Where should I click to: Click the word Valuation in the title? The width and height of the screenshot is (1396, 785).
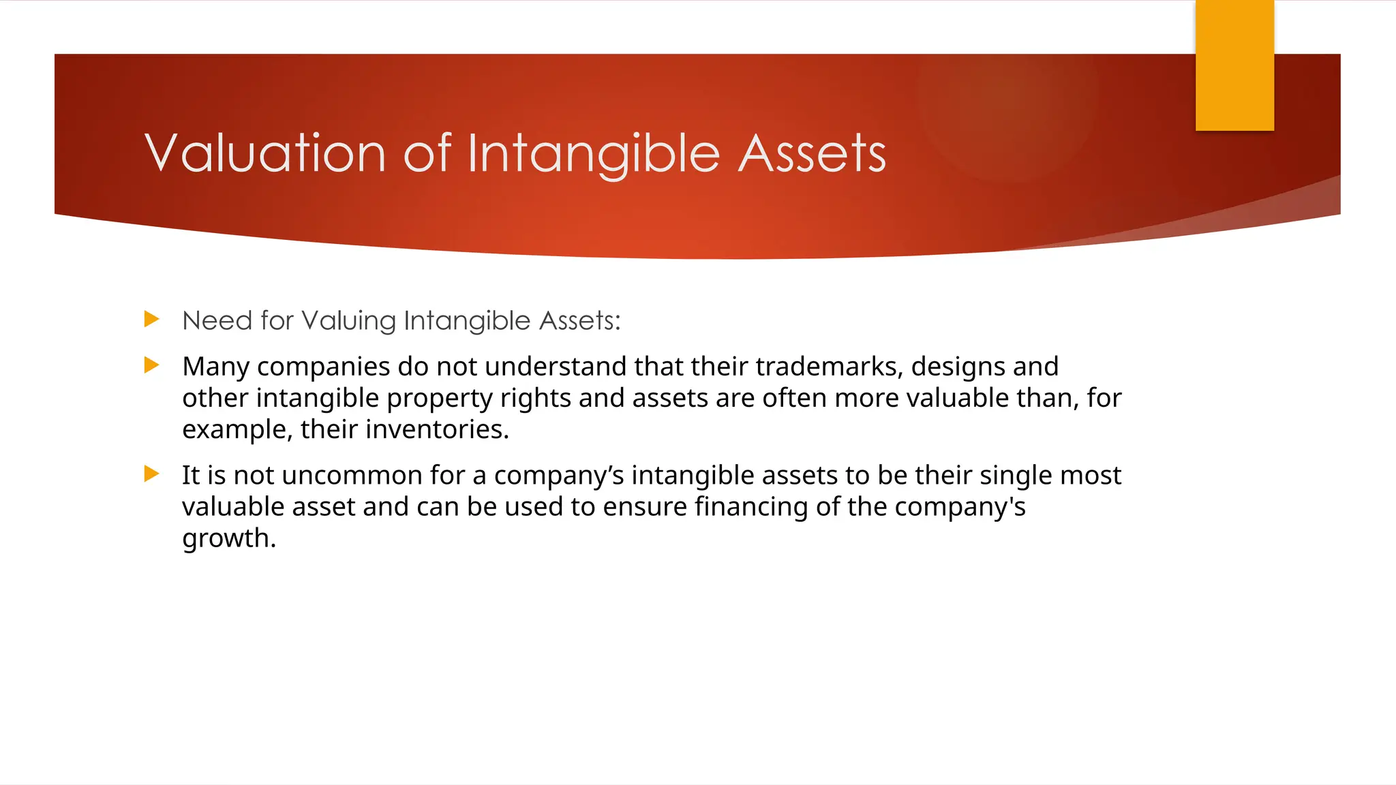pyautogui.click(x=266, y=153)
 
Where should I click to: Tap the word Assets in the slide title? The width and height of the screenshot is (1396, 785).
pyautogui.click(x=812, y=153)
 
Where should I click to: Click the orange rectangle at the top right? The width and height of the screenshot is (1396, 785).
pyautogui.click(x=1234, y=65)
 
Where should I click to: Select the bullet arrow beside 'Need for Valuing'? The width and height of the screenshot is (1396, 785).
pyautogui.click(x=152, y=319)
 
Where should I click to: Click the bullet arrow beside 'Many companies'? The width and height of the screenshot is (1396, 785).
pyautogui.click(x=152, y=365)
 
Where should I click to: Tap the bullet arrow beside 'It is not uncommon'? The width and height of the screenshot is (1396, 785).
pyautogui.click(x=152, y=474)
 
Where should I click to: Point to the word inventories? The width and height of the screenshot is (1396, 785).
pyautogui.click(x=437, y=429)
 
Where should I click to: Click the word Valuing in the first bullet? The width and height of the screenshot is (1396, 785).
pyautogui.click(x=348, y=321)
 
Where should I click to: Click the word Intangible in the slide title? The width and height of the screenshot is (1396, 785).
pyautogui.click(x=594, y=153)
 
